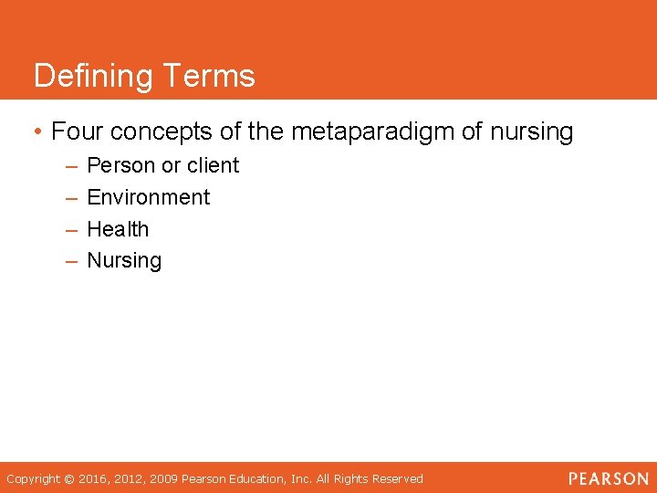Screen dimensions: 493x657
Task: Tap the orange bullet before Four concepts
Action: tap(37, 132)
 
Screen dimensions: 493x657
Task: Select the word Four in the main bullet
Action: tap(76, 132)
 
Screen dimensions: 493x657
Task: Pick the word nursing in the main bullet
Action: tap(532, 132)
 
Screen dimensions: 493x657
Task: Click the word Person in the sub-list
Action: tap(120, 166)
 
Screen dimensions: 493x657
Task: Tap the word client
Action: tap(214, 166)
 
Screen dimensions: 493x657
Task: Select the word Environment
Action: tap(148, 197)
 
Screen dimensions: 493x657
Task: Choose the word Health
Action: tap(118, 229)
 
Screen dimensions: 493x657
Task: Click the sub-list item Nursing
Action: tap(124, 261)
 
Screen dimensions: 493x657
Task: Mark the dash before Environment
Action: tap(72, 198)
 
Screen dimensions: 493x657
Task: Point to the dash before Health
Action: tap(72, 230)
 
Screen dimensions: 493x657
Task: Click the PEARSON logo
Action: tap(608, 478)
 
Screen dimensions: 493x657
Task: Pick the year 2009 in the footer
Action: tap(165, 479)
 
